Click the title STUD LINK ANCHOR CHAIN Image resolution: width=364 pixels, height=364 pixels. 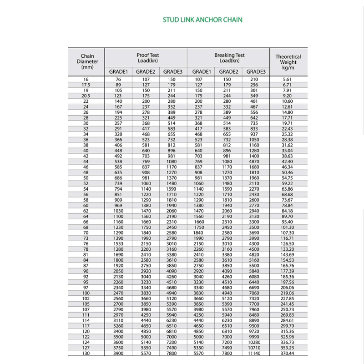coord(202,20)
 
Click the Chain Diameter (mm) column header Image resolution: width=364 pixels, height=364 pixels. coord(87,61)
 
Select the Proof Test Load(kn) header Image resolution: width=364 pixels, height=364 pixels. coord(147,58)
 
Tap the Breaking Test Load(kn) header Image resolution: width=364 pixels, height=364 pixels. coord(229,58)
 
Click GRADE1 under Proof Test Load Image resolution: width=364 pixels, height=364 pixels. coord(118,71)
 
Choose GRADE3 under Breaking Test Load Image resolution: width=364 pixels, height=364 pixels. coord(256,71)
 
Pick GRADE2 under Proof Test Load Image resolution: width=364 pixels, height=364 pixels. coord(146,71)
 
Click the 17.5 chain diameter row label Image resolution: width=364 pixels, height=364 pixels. coord(86,85)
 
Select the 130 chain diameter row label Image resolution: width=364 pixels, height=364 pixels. coord(86,354)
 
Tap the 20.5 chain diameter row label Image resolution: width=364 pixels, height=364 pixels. coord(86,96)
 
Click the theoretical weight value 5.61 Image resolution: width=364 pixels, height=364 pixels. coord(287,80)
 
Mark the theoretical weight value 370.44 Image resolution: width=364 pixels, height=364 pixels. coord(288,354)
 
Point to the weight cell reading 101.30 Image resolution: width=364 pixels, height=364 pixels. coord(288,227)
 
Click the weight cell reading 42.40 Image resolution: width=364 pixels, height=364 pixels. coord(288,162)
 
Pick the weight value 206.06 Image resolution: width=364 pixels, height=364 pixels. coord(288,288)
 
